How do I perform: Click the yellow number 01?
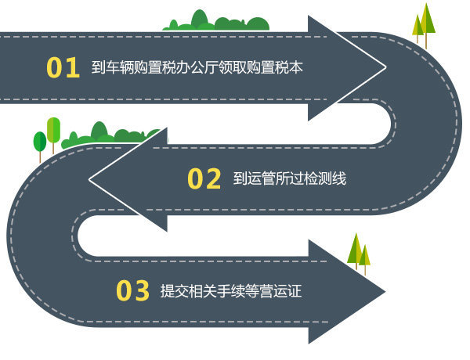pos(63,68)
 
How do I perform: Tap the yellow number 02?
pos(204,179)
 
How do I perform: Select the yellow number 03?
pos(132,291)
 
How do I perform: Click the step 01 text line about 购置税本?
pos(197,68)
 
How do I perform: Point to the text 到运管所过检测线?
pos(289,179)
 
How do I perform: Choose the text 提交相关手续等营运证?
pos(230,292)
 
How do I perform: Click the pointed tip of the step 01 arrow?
pos(385,68)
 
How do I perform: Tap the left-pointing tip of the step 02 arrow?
pos(91,179)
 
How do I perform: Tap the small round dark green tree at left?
pos(39,143)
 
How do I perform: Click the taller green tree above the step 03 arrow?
pos(355,248)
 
